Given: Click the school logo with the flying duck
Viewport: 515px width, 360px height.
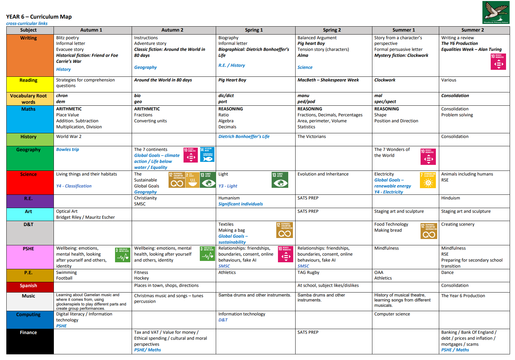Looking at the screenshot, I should [496, 12].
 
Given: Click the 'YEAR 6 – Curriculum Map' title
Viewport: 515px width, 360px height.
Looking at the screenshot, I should [39, 17].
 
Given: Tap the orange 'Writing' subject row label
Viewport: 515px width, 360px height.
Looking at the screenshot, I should [29, 38].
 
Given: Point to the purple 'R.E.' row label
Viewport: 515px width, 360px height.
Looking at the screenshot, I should [29, 198].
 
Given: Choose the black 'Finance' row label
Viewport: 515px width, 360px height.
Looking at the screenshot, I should [29, 332].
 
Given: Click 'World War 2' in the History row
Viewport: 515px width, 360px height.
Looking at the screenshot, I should [69, 137].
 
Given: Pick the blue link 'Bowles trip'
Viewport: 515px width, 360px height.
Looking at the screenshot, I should [67, 150].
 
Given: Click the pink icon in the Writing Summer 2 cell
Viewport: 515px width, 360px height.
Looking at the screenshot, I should [498, 61].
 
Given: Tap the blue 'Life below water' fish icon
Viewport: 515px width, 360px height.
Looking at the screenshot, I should [207, 155].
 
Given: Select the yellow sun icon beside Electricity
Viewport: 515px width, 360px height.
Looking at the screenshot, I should [428, 180].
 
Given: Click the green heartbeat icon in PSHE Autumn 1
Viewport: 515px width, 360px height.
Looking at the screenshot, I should [123, 255].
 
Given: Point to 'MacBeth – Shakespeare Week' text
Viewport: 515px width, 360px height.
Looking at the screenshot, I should [328, 80].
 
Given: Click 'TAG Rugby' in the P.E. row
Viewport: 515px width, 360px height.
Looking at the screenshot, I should [308, 273].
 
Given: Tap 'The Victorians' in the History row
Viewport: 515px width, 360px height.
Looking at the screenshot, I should [312, 137].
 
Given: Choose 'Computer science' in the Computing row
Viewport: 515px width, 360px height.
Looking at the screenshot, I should [392, 314].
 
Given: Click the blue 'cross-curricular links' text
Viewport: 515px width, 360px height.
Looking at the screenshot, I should [27, 24].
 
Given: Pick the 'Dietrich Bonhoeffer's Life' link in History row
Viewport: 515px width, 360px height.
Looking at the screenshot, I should [244, 137].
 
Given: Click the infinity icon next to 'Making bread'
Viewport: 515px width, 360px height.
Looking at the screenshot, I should [429, 231].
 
